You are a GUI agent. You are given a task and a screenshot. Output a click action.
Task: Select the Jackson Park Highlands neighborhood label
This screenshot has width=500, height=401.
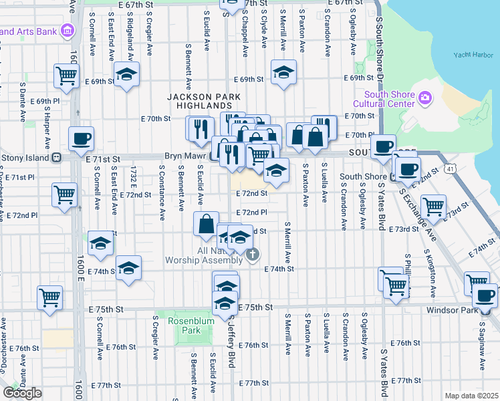coord(199,102)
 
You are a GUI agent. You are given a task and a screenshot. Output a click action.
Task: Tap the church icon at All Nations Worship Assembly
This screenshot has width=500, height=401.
coord(253,254)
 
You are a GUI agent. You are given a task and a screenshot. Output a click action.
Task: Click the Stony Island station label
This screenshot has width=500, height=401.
coord(27,158)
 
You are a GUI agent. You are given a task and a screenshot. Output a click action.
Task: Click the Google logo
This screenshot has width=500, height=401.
coord(22,392)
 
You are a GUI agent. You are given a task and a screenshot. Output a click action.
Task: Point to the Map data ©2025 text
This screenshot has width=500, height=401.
coord(471,396)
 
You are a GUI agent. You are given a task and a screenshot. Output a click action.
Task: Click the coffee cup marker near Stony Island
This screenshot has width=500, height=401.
coord(81,139)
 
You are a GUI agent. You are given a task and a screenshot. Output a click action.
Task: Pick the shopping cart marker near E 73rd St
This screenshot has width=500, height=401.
coord(433,207)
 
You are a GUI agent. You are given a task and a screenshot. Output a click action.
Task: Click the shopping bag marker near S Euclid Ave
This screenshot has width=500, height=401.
coord(206,223)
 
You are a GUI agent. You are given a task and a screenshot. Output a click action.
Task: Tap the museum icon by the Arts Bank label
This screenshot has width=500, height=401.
coord(67,31)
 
